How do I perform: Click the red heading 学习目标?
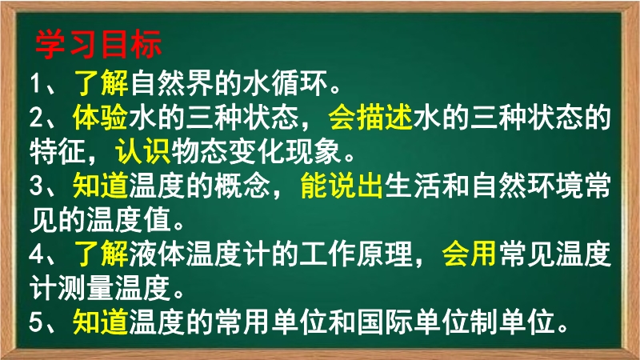(x=98, y=44)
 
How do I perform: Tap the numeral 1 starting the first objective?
(x=36, y=83)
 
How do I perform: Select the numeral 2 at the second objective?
(x=37, y=118)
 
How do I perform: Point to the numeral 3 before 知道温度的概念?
(x=37, y=186)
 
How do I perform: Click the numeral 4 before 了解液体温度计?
(x=37, y=254)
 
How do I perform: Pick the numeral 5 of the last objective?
(x=37, y=322)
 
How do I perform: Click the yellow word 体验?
(x=101, y=118)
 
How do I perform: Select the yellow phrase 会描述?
(x=370, y=118)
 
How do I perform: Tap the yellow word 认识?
(x=143, y=151)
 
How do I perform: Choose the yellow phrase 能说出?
(x=342, y=186)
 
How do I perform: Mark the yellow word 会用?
(x=470, y=254)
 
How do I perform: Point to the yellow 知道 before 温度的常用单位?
(x=101, y=322)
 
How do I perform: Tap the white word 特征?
(x=58, y=151)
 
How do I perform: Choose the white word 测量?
(x=86, y=288)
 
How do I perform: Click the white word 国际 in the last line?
(x=385, y=322)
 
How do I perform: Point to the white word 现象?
(x=314, y=151)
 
